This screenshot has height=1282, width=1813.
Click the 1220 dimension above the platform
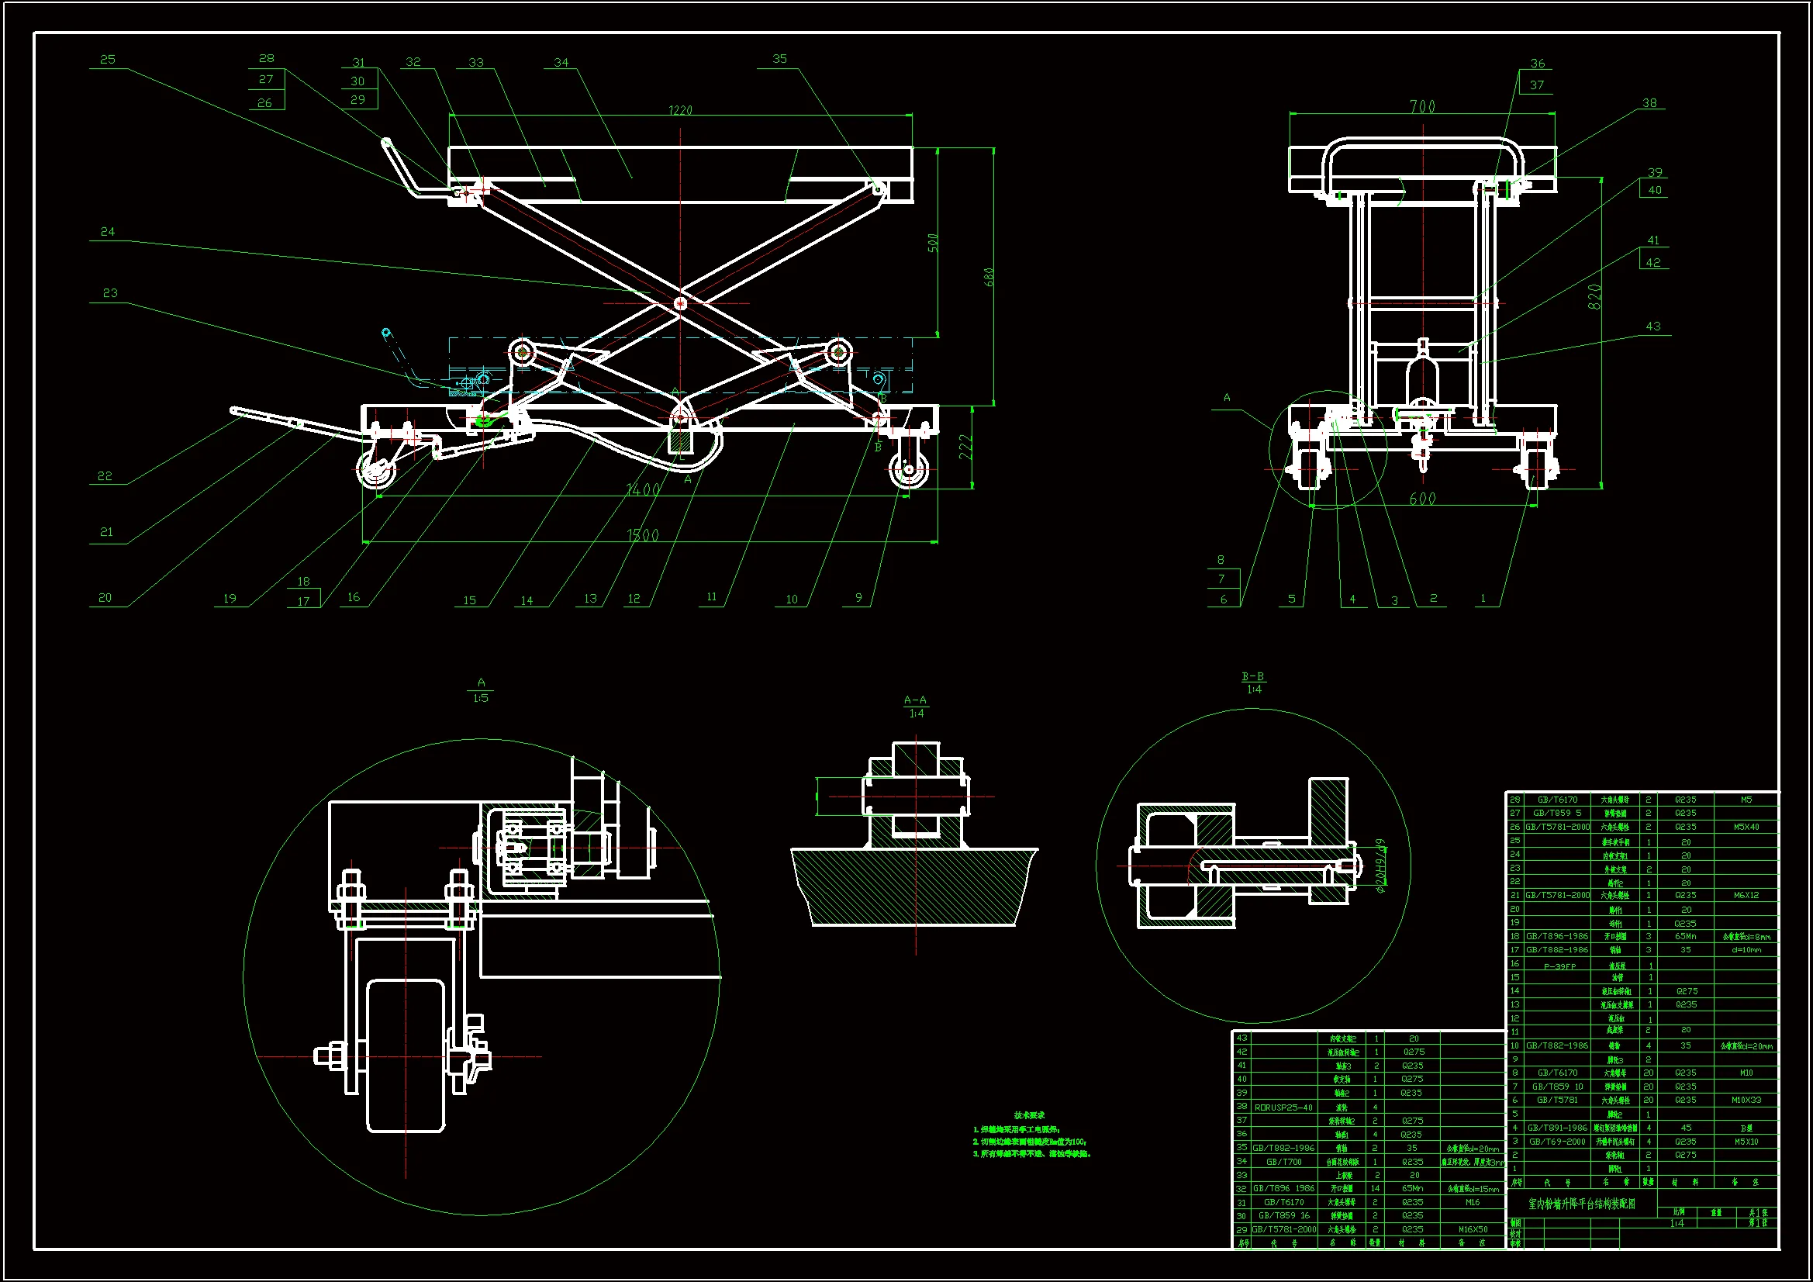click(x=680, y=110)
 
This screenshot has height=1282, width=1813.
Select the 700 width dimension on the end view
click(x=1422, y=105)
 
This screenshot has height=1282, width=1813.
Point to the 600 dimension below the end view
click(x=1422, y=499)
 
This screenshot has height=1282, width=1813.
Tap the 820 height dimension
click(x=1594, y=296)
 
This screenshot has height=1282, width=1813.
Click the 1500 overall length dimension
click(x=643, y=535)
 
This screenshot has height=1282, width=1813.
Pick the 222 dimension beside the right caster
click(x=965, y=447)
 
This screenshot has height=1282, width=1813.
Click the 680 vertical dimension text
click(x=989, y=277)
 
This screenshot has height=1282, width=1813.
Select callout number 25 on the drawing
click(x=107, y=59)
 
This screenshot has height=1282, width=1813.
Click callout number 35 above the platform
click(x=779, y=58)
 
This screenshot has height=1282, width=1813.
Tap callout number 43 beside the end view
click(x=1652, y=327)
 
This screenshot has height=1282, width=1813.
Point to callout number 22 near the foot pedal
click(x=105, y=475)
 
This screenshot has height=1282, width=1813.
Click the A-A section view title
click(x=915, y=700)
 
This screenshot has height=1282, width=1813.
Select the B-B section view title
click(x=1252, y=676)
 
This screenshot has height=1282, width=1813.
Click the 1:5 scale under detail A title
click(x=481, y=697)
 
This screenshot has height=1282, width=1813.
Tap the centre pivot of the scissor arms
click(x=681, y=302)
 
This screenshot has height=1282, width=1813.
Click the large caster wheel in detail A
click(x=406, y=1056)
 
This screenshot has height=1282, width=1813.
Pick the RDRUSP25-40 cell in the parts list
click(x=1283, y=1107)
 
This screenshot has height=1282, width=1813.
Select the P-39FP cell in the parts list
click(x=1559, y=966)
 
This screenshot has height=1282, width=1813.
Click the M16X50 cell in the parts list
click(x=1473, y=1229)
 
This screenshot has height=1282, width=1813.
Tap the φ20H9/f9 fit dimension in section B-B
click(x=1380, y=866)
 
